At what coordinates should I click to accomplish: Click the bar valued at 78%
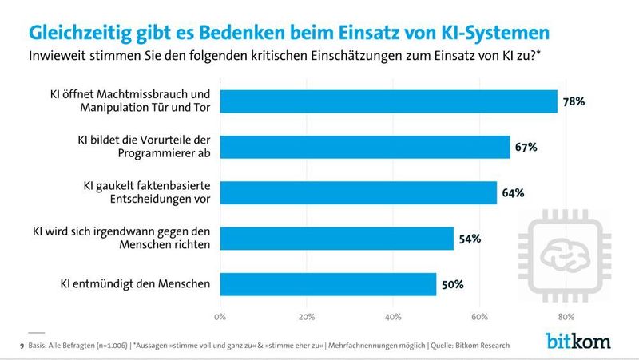388,101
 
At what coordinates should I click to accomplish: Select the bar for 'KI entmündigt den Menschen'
328,284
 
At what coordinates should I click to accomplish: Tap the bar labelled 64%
358,192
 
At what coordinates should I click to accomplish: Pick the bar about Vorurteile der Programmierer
364,147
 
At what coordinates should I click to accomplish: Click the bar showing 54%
336,239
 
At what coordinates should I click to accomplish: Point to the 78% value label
574,101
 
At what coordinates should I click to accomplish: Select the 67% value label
526,147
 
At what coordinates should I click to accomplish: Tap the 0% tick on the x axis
220,316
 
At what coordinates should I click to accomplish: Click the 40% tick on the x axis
393,316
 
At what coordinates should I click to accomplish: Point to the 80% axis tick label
566,316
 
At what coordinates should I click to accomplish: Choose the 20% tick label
307,316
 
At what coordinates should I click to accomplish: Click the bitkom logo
577,341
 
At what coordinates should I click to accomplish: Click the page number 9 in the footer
22,346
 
